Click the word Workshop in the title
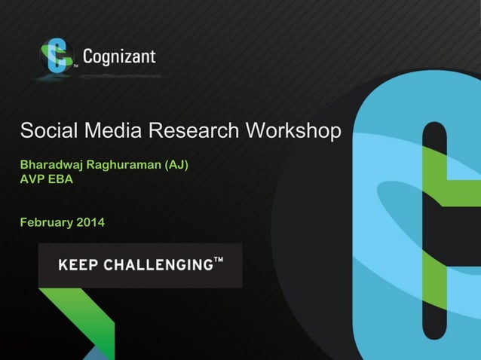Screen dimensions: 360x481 click(x=294, y=131)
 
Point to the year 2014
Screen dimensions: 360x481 click(x=90, y=222)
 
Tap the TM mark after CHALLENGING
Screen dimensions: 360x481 click(x=219, y=261)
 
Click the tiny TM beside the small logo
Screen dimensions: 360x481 click(x=75, y=66)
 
